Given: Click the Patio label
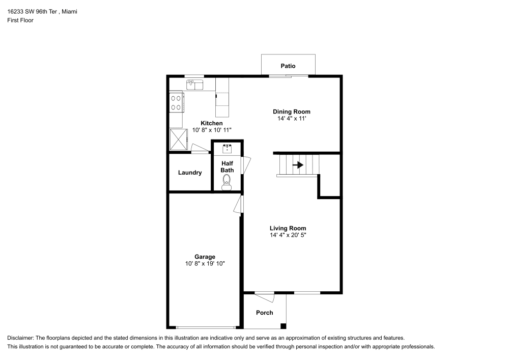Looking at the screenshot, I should (x=288, y=66).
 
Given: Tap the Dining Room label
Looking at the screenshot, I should (x=291, y=112).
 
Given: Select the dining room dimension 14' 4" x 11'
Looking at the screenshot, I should (x=291, y=119).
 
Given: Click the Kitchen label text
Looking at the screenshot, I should (x=211, y=123).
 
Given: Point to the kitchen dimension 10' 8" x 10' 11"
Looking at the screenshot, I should (x=212, y=130).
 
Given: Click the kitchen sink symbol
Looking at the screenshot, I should (x=194, y=85).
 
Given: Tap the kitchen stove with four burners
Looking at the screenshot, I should (x=176, y=102).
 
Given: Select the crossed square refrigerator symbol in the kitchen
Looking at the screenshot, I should (x=179, y=139).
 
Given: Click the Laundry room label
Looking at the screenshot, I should (x=190, y=173).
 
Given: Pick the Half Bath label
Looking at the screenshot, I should (x=227, y=167).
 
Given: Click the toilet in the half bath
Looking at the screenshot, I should (x=227, y=182).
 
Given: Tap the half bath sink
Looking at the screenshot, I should (x=227, y=149).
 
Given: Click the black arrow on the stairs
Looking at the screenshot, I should (x=298, y=165).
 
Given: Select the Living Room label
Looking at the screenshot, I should (x=288, y=228).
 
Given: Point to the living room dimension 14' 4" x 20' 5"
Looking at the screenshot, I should (x=288, y=235).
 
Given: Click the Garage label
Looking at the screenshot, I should (x=205, y=257).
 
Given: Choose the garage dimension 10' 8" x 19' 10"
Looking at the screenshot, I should (x=205, y=264).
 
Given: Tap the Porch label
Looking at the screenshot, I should (x=264, y=313).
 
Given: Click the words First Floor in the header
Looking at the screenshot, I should (x=20, y=20).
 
